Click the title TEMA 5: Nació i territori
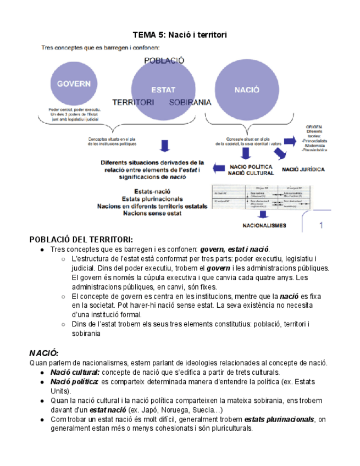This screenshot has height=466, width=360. click(180, 35)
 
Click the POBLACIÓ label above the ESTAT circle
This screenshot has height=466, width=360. click(164, 60)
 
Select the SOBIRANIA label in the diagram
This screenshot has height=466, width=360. click(191, 102)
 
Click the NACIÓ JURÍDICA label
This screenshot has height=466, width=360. click(303, 170)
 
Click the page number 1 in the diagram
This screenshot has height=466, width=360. click(321, 225)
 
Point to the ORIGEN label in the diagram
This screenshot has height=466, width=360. click(314, 127)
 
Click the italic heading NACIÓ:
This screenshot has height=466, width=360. click(43, 352)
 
